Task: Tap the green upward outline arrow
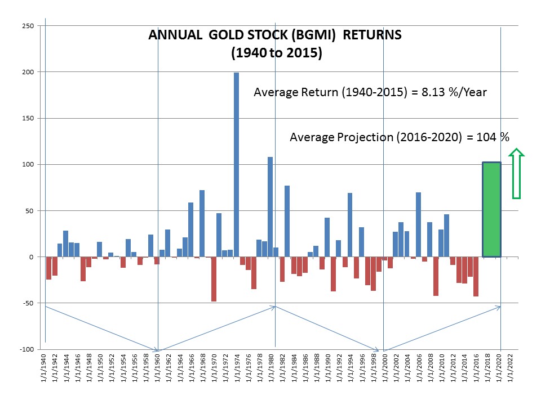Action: tap(517, 174)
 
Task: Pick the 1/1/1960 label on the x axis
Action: tap(157, 369)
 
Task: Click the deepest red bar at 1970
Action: tap(214, 279)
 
